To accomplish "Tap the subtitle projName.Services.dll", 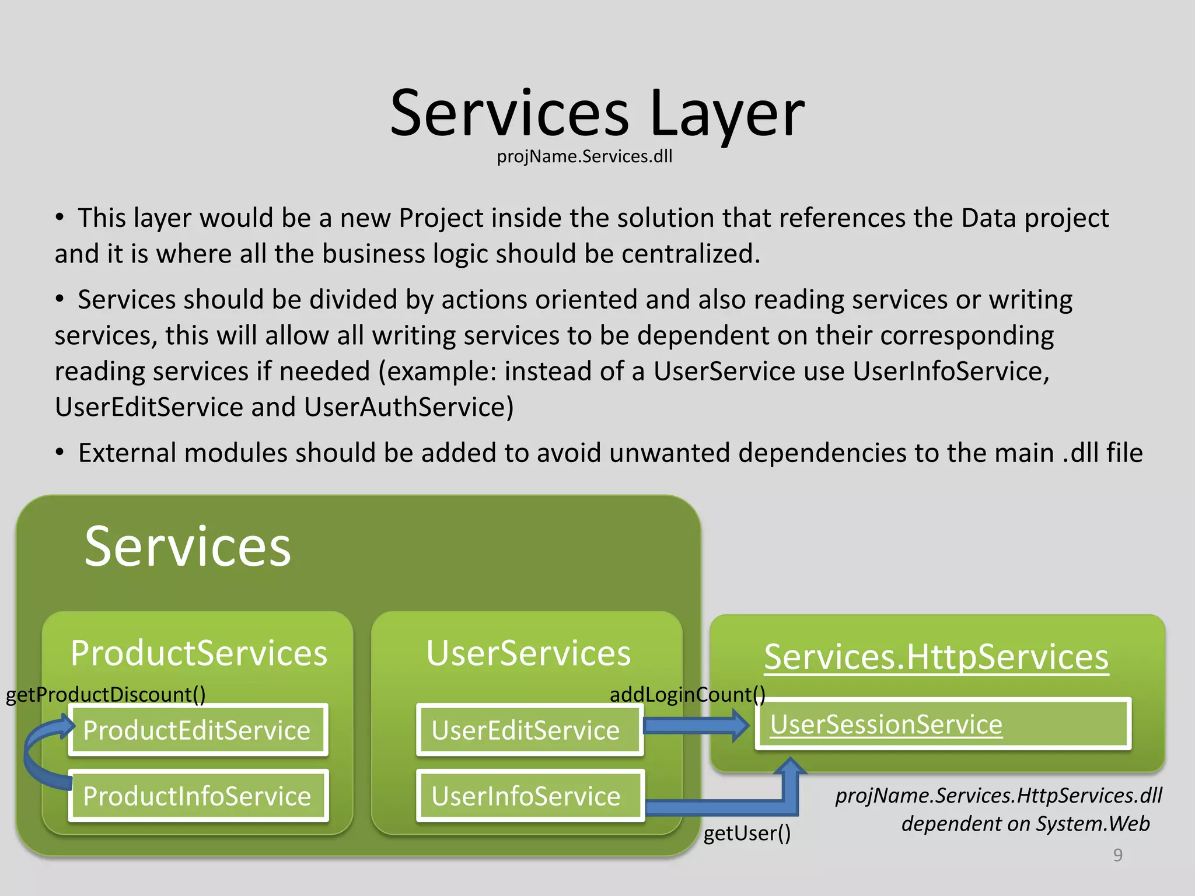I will [x=584, y=156].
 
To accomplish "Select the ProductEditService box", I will [x=198, y=730].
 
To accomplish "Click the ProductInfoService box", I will [x=198, y=796].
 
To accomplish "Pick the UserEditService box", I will [x=529, y=730].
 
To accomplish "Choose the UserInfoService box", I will [x=529, y=796].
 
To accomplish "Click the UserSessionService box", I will [x=943, y=724].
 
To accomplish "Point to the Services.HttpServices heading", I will [x=936, y=657].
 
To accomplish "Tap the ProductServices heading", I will [x=198, y=653].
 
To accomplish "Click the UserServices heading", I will [x=528, y=653].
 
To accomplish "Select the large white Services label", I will [x=187, y=546].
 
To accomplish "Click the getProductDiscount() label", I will [x=106, y=694].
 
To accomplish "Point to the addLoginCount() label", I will [x=687, y=694].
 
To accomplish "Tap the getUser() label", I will [x=747, y=833].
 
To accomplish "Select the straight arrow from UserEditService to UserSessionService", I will [x=694, y=725].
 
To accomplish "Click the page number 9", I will [x=1117, y=855].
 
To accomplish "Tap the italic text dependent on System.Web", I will [x=1025, y=824].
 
